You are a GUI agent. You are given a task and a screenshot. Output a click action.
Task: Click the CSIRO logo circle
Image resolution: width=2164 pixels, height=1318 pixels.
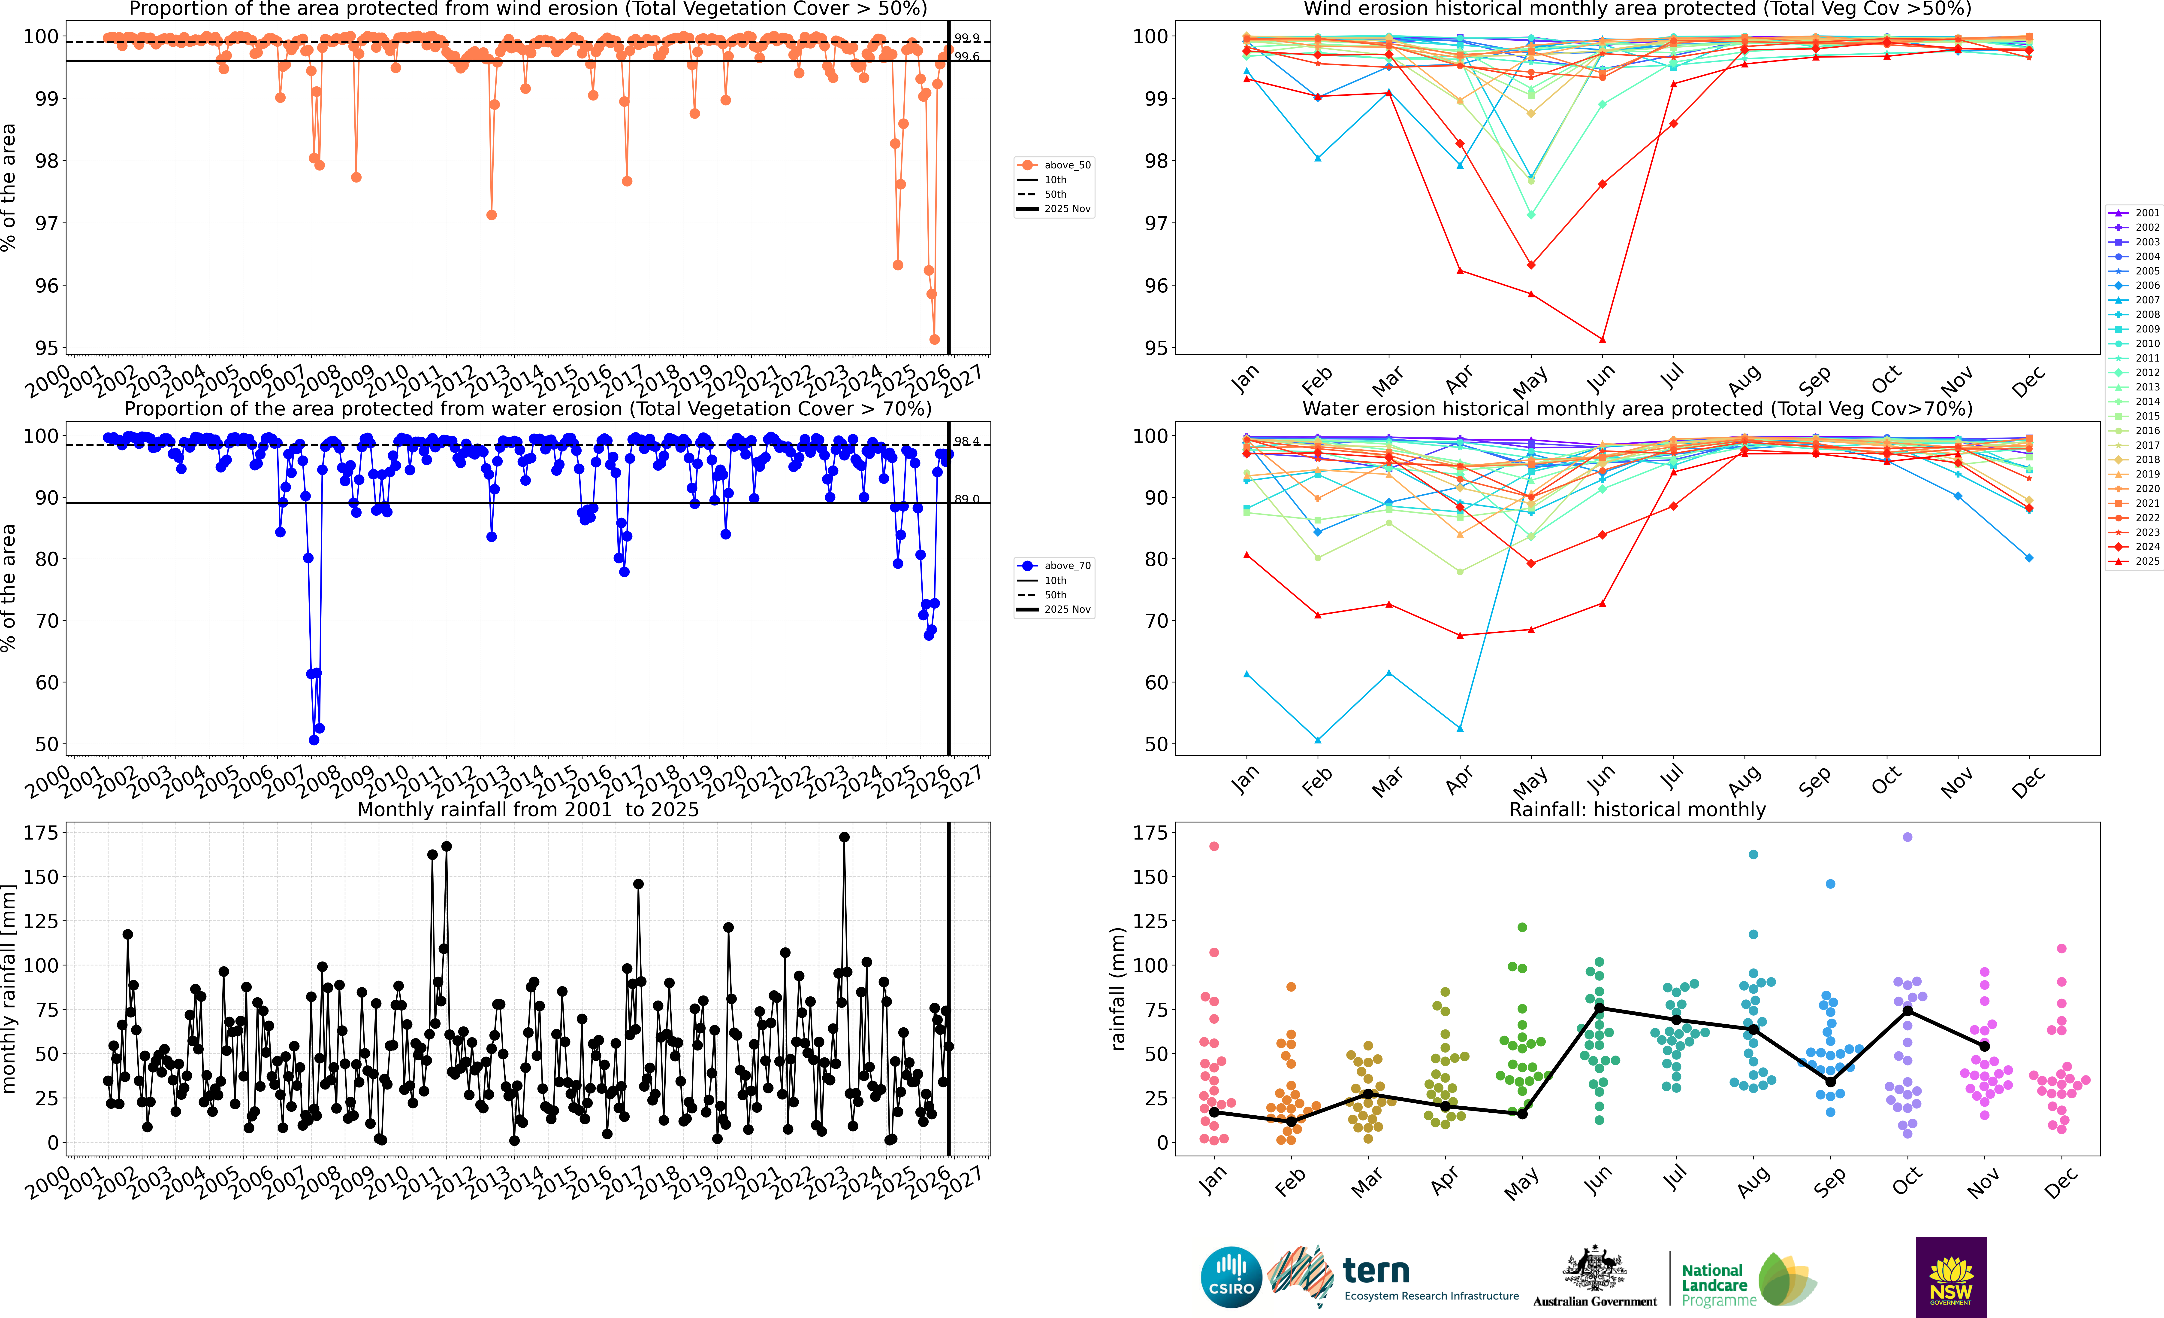coord(1230,1277)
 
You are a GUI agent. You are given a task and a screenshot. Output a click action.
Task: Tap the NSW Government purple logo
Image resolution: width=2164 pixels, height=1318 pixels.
coord(1951,1277)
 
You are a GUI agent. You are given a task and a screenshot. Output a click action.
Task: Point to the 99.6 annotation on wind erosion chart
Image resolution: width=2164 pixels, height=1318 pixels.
coord(967,56)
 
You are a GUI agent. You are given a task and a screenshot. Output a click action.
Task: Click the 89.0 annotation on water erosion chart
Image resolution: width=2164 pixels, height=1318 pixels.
coord(967,499)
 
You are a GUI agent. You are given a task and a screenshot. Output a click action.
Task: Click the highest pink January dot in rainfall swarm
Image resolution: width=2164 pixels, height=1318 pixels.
coord(1215,846)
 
